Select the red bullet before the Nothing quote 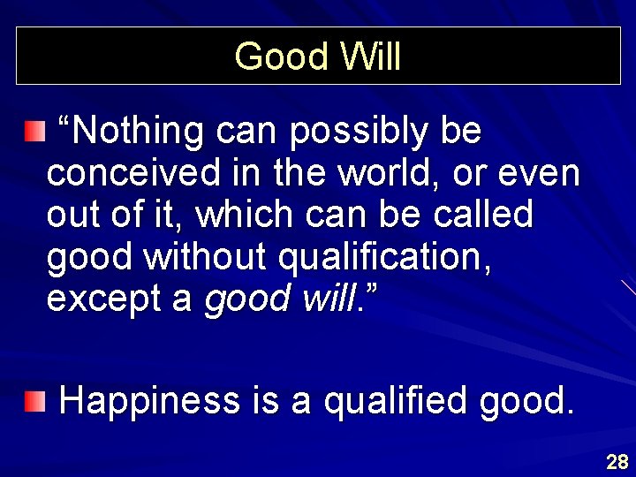point(34,133)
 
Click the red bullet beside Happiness point(34,403)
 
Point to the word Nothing point(137,132)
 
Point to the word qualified point(397,402)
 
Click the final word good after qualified point(525,402)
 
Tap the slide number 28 point(617,461)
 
